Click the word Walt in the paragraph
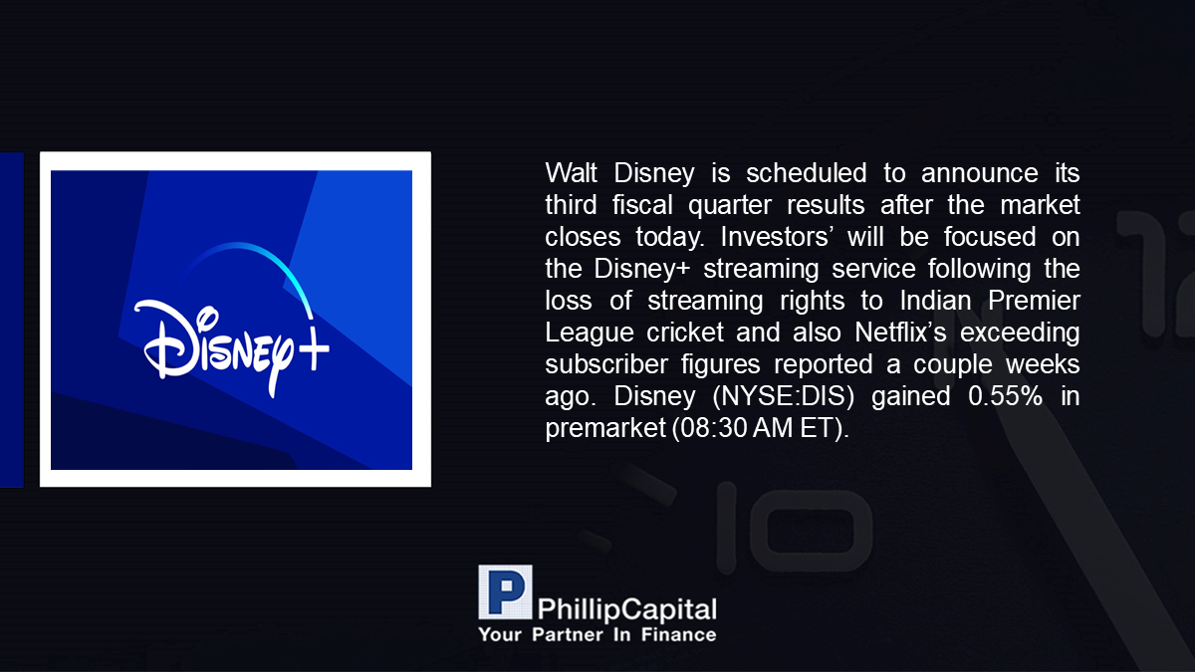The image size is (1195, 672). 571,173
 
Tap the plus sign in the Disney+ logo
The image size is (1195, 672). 314,349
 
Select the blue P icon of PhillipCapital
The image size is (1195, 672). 505,592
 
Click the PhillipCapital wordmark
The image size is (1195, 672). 626,609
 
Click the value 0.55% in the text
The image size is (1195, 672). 1005,396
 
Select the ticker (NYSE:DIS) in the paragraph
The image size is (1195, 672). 783,396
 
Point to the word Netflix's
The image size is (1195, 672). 900,333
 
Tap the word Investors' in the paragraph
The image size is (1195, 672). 775,237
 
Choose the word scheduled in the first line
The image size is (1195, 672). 806,173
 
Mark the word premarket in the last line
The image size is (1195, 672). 605,428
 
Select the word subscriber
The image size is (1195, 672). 606,364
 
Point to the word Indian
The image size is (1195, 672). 935,301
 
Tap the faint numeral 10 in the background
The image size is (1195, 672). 794,528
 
